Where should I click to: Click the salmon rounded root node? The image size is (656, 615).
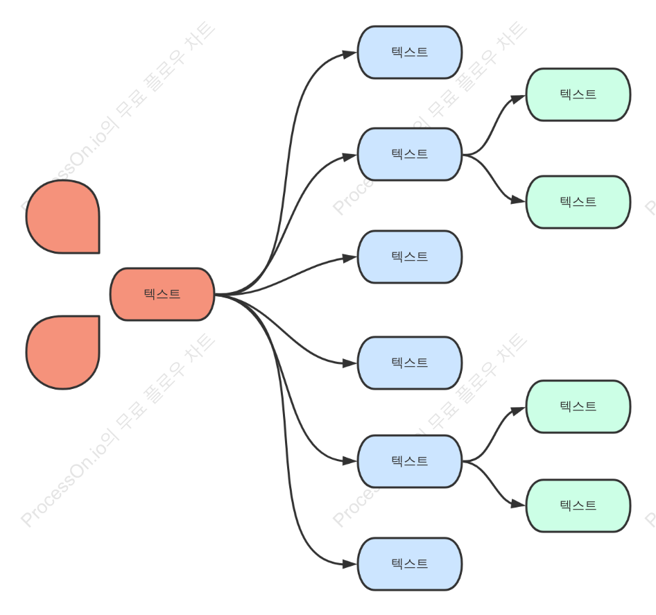click(x=162, y=294)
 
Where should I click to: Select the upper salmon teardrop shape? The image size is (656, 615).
click(x=62, y=217)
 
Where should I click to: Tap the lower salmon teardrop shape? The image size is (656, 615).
click(x=62, y=352)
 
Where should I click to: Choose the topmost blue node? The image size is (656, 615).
click(x=410, y=52)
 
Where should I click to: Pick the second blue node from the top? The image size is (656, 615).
click(x=410, y=155)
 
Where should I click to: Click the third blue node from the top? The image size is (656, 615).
click(x=410, y=257)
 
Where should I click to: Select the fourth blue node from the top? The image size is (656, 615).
click(x=410, y=363)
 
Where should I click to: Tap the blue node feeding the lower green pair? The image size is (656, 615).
click(x=410, y=462)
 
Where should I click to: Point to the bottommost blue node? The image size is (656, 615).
click(x=410, y=564)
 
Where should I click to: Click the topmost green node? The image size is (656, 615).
click(x=578, y=94)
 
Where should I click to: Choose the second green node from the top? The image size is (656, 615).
click(x=578, y=202)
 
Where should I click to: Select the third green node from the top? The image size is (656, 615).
click(x=578, y=407)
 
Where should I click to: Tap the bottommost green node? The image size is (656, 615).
click(x=578, y=506)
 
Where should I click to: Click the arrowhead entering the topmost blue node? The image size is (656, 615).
click(x=349, y=54)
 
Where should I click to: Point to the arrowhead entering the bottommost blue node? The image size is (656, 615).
click(x=349, y=564)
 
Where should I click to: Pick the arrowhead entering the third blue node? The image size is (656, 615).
click(x=349, y=258)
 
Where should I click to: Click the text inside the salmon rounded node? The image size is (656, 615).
click(x=162, y=294)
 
